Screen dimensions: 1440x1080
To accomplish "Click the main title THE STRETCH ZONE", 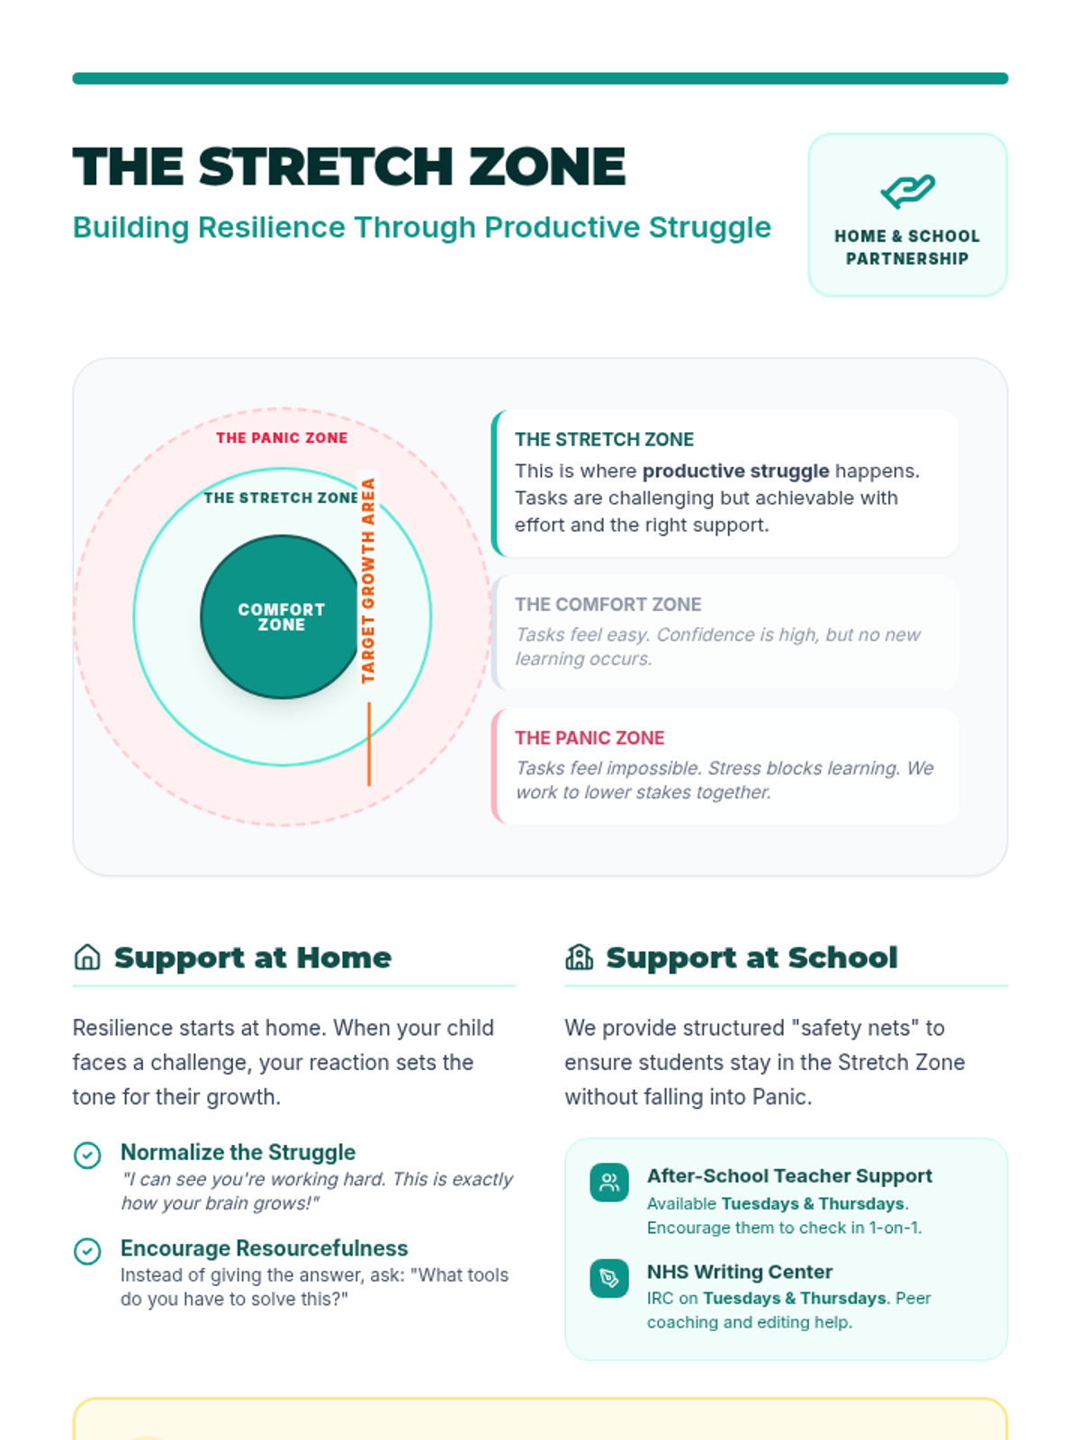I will click(349, 167).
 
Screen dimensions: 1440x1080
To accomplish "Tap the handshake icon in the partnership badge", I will click(907, 190).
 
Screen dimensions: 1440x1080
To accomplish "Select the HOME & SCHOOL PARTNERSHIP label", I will click(907, 247).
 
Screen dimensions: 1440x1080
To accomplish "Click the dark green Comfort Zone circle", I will click(281, 617).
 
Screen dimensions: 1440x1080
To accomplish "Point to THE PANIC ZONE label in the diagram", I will click(282, 438).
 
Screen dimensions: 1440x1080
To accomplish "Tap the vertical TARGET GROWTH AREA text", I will click(368, 580).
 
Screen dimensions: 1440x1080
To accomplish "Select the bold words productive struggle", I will click(735, 471).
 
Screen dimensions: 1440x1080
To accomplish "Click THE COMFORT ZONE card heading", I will click(607, 605).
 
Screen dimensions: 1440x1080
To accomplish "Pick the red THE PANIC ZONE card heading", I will click(589, 738).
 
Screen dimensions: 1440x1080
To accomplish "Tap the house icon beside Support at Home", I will click(87, 957).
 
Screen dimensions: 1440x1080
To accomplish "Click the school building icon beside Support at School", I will click(579, 957).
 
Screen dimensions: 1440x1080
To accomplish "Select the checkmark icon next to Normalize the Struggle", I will click(87, 1155).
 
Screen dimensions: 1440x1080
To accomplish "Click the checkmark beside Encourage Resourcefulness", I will click(87, 1251).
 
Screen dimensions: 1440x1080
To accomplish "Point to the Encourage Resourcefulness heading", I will click(264, 1248).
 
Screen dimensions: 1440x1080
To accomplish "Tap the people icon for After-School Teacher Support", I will click(609, 1183).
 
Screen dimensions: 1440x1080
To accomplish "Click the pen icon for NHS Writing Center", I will click(609, 1279).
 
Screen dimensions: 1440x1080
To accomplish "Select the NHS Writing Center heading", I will click(739, 1272).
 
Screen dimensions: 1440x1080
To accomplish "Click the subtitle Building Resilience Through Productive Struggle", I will click(421, 228).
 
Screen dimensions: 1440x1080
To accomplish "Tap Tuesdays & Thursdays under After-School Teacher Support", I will click(813, 1204).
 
